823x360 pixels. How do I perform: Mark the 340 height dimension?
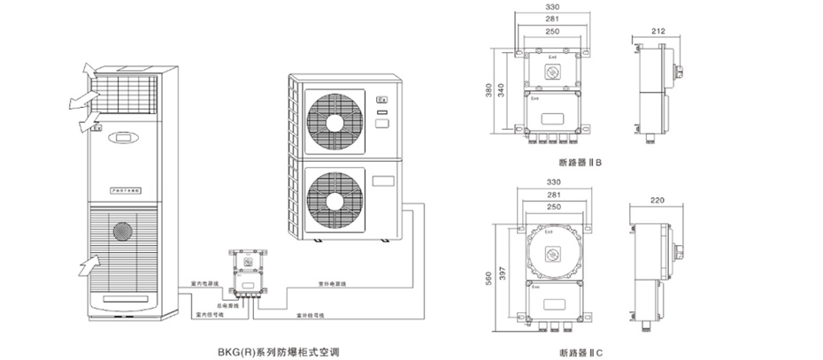(513, 90)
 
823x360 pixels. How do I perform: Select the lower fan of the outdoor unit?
(335, 197)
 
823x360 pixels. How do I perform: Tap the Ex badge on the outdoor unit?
(382, 100)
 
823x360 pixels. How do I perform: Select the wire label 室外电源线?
(333, 284)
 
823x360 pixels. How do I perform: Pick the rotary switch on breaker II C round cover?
(553, 252)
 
